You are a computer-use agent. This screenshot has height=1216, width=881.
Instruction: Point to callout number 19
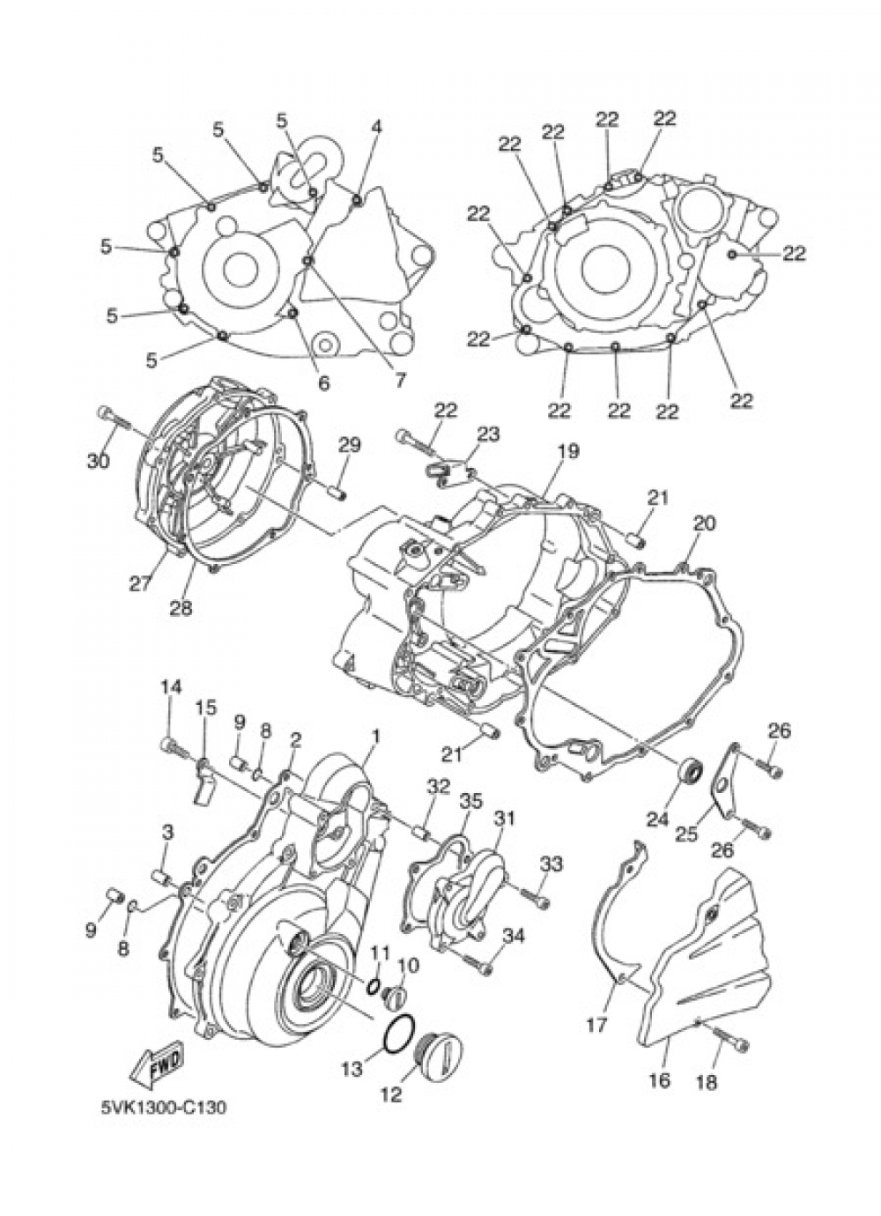(x=567, y=451)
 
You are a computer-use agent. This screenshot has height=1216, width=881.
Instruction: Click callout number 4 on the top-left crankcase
(x=376, y=126)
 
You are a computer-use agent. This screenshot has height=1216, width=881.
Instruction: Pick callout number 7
(x=399, y=381)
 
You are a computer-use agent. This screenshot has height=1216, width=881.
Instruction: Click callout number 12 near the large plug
(x=391, y=1094)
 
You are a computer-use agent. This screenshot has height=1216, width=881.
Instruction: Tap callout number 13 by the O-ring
(x=352, y=1069)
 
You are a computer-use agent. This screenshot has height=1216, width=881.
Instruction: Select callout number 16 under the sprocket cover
(x=660, y=1079)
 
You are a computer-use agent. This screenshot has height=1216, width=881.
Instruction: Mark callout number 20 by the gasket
(x=703, y=523)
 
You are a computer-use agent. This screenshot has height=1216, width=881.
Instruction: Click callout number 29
(x=349, y=445)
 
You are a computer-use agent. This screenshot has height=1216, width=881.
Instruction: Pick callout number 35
(x=471, y=801)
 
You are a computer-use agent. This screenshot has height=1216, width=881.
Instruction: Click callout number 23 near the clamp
(x=488, y=434)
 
